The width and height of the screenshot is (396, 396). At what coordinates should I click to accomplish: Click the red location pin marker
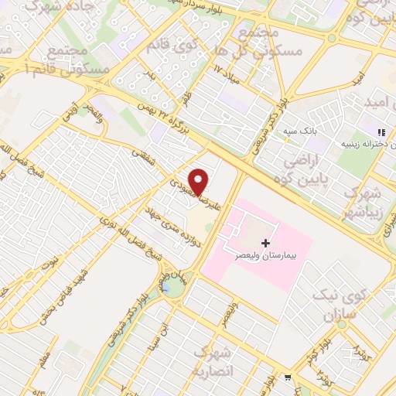click(200, 181)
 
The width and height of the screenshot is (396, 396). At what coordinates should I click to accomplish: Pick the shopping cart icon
click(287, 378)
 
